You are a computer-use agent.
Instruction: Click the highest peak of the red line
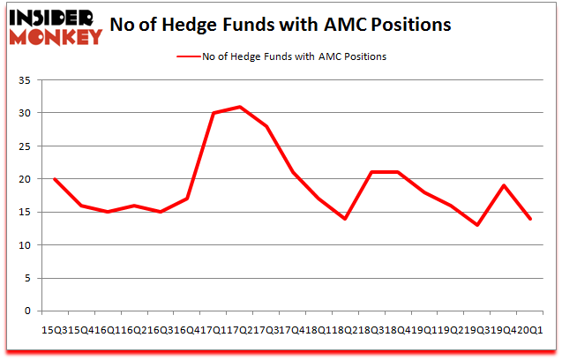coord(240,107)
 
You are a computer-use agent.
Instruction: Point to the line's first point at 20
coord(55,179)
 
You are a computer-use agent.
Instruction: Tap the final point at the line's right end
coord(530,219)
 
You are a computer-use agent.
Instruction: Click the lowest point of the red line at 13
coord(477,225)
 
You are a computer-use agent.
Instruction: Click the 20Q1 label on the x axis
coord(530,329)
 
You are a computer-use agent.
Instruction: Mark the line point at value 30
coord(214,113)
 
